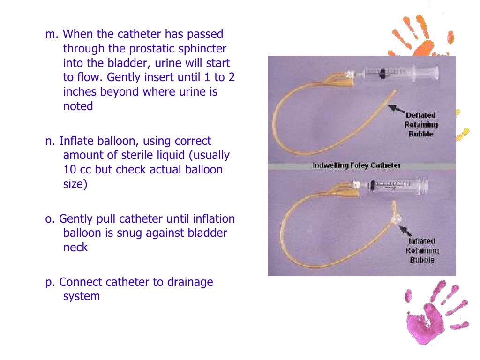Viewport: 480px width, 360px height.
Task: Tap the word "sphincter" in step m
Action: click(x=204, y=48)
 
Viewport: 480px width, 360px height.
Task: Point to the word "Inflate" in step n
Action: click(x=75, y=141)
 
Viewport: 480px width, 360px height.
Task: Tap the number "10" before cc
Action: click(x=69, y=169)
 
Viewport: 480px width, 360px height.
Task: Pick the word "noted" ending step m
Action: click(x=78, y=106)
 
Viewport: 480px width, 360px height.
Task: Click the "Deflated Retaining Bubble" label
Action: click(x=421, y=124)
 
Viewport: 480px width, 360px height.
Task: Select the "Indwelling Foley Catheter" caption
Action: click(x=356, y=165)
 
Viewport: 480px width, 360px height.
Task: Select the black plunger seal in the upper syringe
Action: click(x=382, y=73)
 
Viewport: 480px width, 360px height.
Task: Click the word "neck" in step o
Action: click(x=75, y=247)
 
